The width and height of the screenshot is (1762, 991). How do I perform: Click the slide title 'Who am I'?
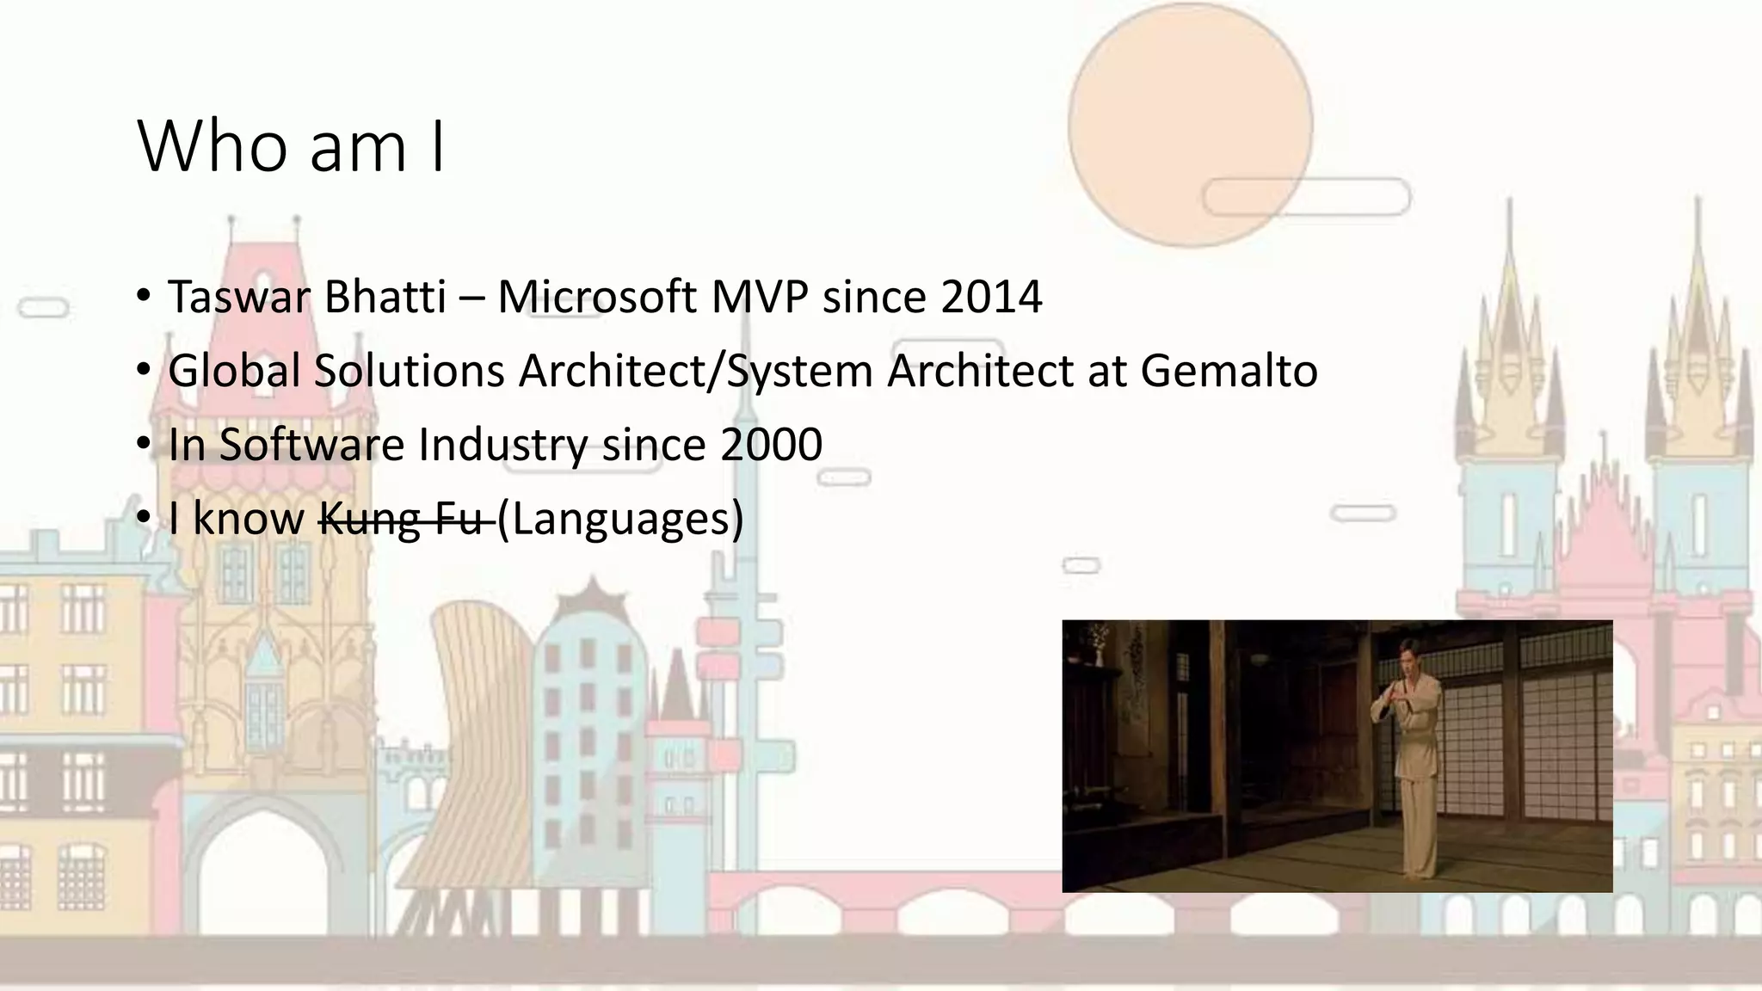click(x=291, y=147)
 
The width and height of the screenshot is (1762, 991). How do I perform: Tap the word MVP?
click(x=759, y=298)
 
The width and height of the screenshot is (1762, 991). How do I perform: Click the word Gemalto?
click(x=1229, y=372)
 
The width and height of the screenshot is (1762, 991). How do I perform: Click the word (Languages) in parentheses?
click(x=620, y=519)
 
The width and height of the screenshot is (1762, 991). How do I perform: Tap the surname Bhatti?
click(x=385, y=298)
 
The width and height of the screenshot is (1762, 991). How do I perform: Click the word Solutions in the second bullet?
click(x=409, y=372)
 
